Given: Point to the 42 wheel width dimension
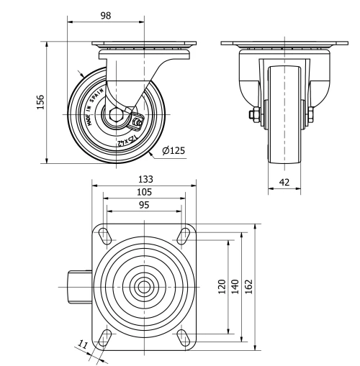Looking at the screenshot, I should click(x=284, y=183).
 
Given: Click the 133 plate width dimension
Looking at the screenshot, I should click(x=144, y=179).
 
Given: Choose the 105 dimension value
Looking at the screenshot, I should click(x=144, y=192).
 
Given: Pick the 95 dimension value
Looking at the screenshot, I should click(x=144, y=205).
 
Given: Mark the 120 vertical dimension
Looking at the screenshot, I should click(x=222, y=285).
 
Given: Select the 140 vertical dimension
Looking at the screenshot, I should click(x=234, y=285).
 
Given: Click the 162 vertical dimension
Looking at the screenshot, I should click(x=248, y=285).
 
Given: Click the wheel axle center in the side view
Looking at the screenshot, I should click(x=114, y=115).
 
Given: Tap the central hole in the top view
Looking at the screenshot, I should click(x=144, y=285).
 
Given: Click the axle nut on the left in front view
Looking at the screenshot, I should click(x=255, y=115).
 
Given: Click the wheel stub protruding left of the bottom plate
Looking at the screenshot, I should click(x=78, y=285).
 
